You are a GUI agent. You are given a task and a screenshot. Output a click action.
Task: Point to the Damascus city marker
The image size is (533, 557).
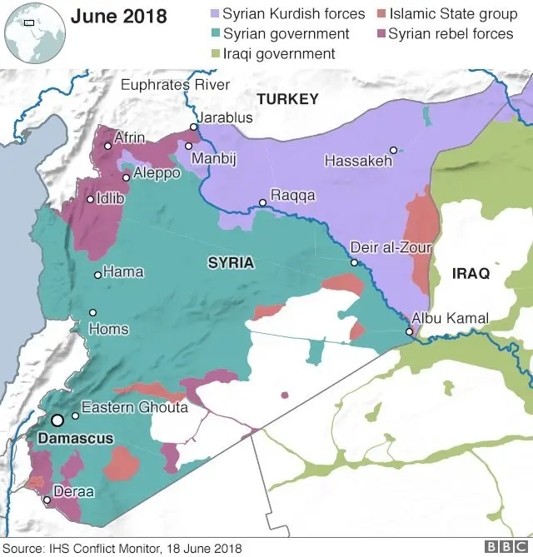(x=57, y=421)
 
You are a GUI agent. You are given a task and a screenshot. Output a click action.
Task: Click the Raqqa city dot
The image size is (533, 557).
(x=262, y=202)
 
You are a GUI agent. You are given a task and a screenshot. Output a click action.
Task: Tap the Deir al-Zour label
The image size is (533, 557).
(x=391, y=247)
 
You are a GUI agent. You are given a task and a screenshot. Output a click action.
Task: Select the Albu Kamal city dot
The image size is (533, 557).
(x=410, y=332)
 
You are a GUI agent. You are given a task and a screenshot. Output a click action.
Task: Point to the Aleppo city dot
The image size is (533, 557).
(x=126, y=177)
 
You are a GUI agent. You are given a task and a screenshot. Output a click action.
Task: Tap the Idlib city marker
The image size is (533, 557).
(x=90, y=199)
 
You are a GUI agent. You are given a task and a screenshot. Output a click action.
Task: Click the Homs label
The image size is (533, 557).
(x=108, y=329)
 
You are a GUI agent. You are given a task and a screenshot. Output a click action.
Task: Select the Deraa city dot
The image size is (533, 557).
(x=47, y=500)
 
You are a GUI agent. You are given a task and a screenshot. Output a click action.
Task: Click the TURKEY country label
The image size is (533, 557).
(x=287, y=99)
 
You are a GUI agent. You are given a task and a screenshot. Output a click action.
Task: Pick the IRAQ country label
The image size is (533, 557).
(x=471, y=273)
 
